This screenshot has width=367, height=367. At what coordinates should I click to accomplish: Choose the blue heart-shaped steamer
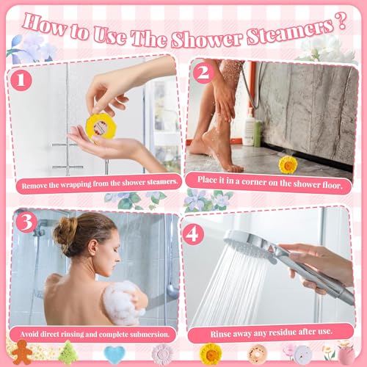[x=113, y=355]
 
